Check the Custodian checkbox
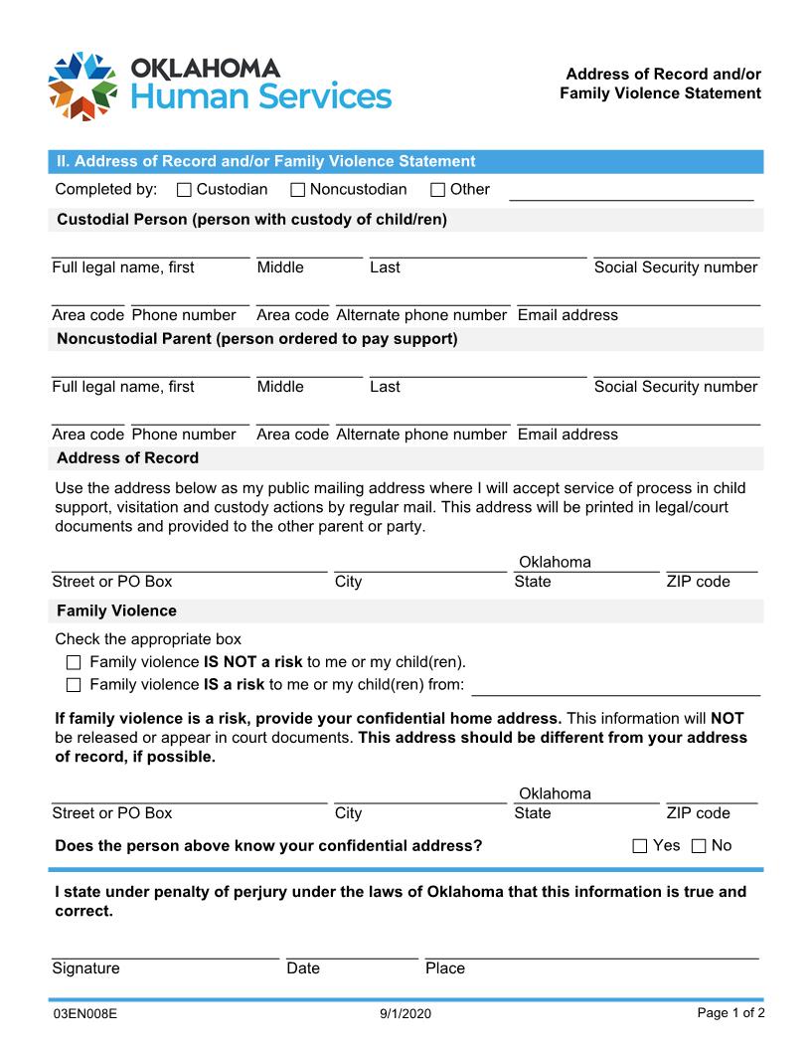(184, 190)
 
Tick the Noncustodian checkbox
(297, 190)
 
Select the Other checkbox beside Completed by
(437, 190)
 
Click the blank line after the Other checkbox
(631, 192)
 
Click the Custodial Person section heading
(251, 220)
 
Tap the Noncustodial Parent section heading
(256, 339)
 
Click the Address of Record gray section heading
(127, 458)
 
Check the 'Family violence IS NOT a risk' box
(73, 662)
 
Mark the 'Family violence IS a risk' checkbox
(73, 685)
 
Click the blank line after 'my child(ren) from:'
(616, 687)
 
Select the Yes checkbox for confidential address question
(640, 846)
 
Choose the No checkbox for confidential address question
(698, 846)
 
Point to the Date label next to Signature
(303, 968)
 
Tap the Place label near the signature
(444, 968)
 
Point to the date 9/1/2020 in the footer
(405, 1014)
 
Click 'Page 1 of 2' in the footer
(730, 1013)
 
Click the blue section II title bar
(405, 161)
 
